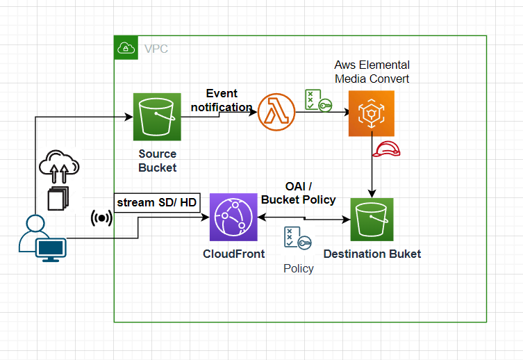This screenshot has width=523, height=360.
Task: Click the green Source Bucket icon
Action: [157, 117]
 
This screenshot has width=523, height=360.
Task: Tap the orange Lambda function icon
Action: [276, 111]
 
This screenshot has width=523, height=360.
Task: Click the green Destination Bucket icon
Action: [372, 220]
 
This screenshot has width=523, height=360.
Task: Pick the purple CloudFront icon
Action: [233, 218]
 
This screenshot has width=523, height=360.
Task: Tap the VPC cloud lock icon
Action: [126, 48]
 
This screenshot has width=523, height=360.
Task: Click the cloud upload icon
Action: [59, 167]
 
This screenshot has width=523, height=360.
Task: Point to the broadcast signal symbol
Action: [101, 218]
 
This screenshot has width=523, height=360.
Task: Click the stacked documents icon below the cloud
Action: [58, 198]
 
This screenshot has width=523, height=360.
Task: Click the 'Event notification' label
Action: [221, 100]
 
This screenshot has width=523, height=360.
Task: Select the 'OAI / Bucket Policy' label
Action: [299, 193]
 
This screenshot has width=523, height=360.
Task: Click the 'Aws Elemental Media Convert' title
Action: [372, 72]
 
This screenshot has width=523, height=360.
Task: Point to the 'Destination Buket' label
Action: [372, 254]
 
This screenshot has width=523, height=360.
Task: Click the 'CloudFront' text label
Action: [233, 254]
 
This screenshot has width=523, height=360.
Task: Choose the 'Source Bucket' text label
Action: [158, 161]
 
